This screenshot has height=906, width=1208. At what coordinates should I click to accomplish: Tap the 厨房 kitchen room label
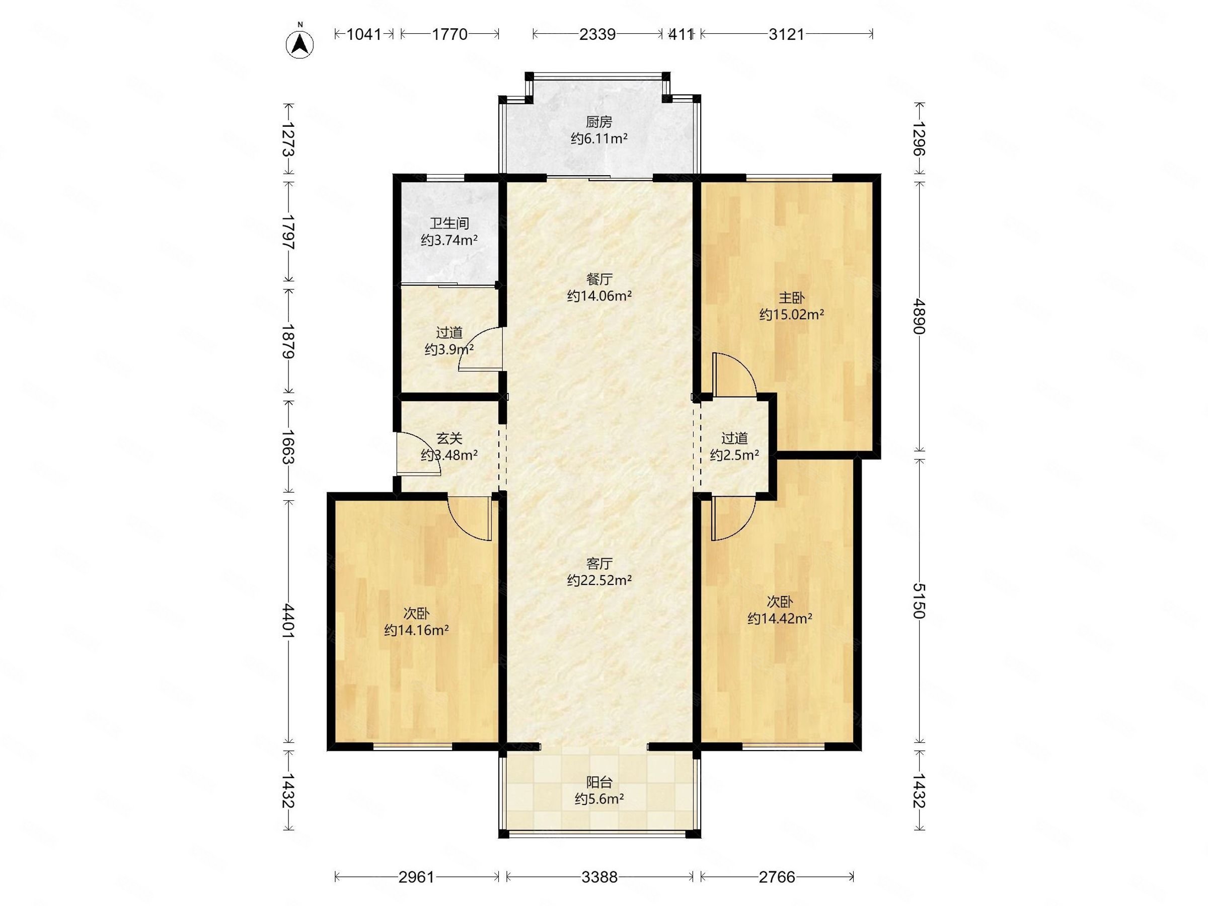[x=598, y=122]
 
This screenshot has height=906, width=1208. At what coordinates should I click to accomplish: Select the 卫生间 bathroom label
[x=449, y=223]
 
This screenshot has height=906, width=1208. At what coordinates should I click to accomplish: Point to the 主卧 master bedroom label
[x=791, y=298]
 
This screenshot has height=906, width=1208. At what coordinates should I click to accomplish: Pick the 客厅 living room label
[x=599, y=564]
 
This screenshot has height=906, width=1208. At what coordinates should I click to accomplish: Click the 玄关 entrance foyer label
[x=449, y=438]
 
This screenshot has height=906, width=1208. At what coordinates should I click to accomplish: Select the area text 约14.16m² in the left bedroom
[x=416, y=630]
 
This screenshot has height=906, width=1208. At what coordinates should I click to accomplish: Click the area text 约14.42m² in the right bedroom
[x=779, y=619]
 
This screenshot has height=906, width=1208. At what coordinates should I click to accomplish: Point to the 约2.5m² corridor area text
[x=734, y=455]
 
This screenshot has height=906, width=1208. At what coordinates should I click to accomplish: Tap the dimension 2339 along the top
[x=597, y=34]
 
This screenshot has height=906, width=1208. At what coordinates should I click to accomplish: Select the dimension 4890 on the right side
[x=919, y=316]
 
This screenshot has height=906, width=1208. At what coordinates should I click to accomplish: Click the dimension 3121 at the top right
[x=786, y=34]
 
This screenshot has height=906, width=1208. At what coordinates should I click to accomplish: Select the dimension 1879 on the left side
[x=289, y=341]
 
